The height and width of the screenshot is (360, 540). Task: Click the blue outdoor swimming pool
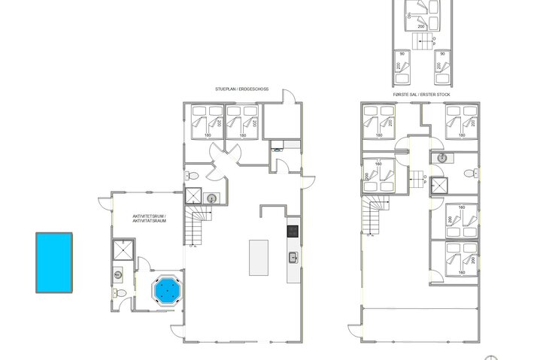54,262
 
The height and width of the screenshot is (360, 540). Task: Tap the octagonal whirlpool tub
166,289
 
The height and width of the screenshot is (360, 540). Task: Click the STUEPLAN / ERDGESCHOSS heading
241,89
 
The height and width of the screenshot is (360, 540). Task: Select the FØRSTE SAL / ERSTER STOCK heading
420,95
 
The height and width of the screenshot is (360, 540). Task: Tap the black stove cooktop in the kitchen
293,231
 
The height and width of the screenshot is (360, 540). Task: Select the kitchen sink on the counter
293,258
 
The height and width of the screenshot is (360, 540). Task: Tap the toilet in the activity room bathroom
117,276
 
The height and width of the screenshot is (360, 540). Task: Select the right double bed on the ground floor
243,121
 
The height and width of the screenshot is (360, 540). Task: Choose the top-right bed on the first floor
460,121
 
